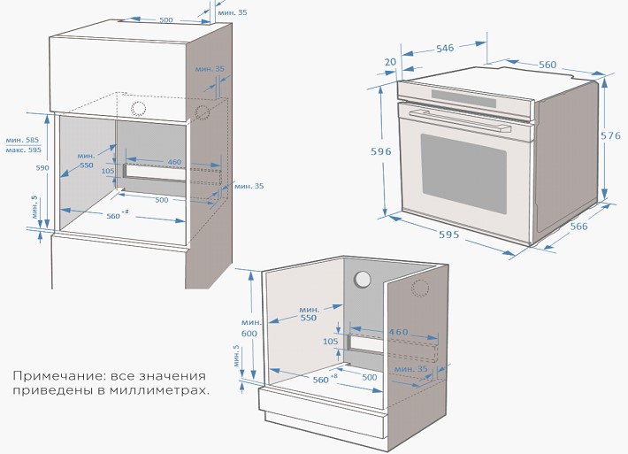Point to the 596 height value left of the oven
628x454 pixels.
pos(380,151)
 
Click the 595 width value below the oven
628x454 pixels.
pos(448,235)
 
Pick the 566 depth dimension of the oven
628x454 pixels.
pos(579,227)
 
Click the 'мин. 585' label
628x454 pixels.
pos(22,140)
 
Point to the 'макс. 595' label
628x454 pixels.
pos(23,150)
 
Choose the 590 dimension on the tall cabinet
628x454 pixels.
pos(42,167)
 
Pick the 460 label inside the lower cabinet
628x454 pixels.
pos(399,332)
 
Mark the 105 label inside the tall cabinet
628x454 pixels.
pos(108,172)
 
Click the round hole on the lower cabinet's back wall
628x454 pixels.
pos(363,279)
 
